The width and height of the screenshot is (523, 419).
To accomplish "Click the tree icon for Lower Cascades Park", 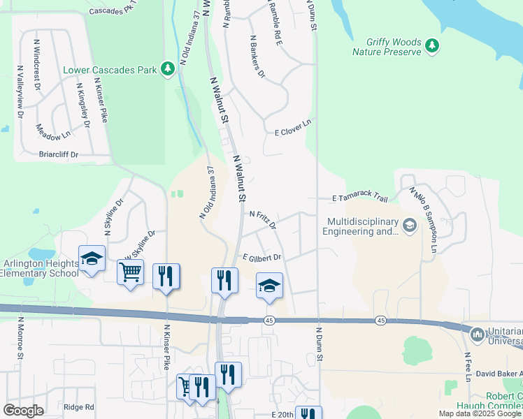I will [x=167, y=68].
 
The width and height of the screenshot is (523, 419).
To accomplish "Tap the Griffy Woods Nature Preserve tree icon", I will [x=433, y=46].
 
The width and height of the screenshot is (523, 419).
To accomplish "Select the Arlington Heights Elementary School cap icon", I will [x=92, y=260].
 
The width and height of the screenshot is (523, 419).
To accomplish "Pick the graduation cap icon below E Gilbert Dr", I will [x=269, y=286].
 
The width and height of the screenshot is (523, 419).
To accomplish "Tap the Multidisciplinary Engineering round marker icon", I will [x=409, y=225].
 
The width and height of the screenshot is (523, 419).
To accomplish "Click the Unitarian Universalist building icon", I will [x=478, y=335].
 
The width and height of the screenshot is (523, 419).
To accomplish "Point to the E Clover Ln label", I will [x=292, y=127].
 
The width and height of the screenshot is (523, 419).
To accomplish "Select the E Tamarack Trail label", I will [x=359, y=198].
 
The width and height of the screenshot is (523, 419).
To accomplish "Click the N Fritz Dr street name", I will [x=263, y=220].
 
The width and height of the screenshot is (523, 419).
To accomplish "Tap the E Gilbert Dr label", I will [x=261, y=258].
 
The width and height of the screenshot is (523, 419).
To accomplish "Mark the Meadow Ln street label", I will [x=53, y=131].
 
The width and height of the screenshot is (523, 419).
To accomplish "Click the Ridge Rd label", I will [x=78, y=407].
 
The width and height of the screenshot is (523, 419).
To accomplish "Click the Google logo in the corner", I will [x=23, y=411].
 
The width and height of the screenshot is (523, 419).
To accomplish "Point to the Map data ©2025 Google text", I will [x=480, y=413].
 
